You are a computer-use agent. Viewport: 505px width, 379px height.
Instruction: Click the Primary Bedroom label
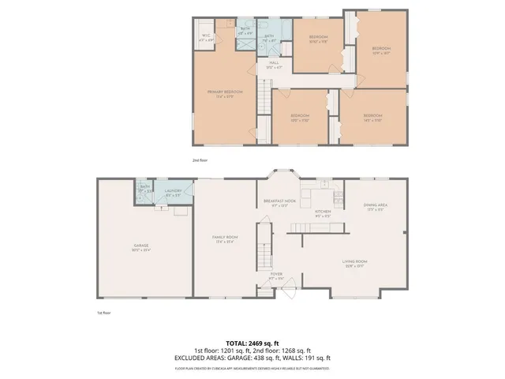(225, 92)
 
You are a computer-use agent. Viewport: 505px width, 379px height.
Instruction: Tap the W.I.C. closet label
(206, 36)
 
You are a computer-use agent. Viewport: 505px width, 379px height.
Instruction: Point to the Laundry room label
(174, 191)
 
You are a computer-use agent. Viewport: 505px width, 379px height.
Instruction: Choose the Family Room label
(225, 238)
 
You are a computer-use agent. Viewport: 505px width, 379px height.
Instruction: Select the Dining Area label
(374, 206)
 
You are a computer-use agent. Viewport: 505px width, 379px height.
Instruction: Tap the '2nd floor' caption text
(200, 160)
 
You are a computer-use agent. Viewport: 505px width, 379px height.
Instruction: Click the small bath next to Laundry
(144, 192)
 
